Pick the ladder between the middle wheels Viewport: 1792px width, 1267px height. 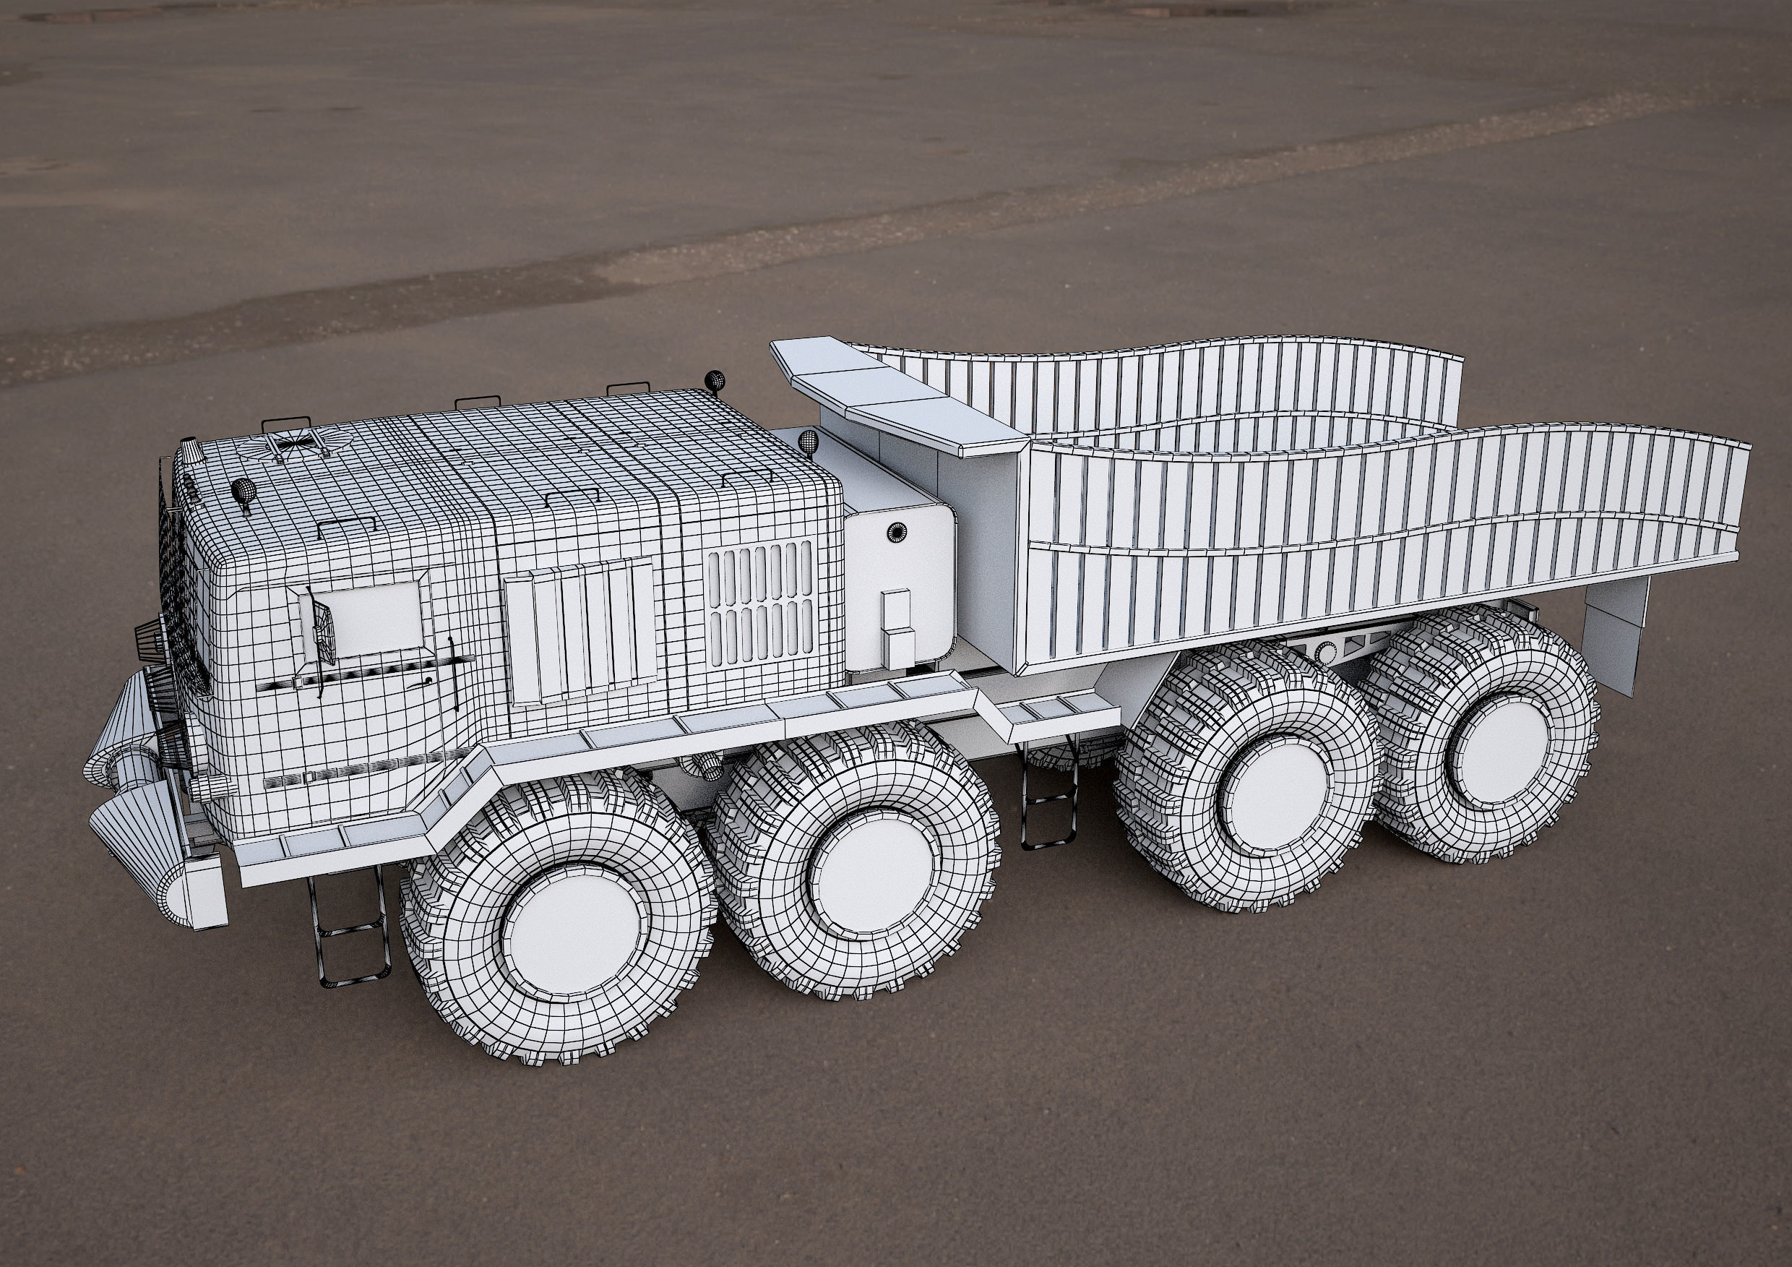point(1048,807)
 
